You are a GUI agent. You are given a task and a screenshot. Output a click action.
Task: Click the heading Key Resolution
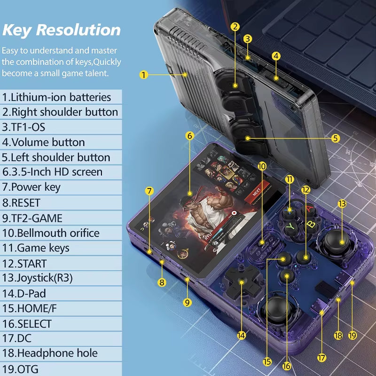point(61,30)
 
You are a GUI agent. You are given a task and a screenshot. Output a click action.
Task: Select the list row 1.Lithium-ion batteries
point(56,97)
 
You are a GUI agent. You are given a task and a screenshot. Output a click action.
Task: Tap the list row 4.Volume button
point(44,142)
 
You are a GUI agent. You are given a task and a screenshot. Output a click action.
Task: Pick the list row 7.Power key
point(31,187)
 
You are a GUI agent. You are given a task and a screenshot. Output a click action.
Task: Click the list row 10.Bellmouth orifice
point(51,233)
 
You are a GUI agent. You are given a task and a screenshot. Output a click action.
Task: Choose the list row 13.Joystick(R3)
point(38,278)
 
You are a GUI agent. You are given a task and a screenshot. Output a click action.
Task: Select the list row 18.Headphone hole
point(50,353)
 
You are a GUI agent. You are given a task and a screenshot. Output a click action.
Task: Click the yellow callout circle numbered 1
point(144,74)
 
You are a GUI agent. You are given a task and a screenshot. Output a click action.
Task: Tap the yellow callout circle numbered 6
point(190,136)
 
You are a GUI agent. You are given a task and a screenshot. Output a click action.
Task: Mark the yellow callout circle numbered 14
point(242,336)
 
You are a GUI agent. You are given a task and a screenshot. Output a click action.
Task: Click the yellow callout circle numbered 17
point(321,358)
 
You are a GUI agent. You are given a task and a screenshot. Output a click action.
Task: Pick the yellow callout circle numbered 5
point(336,138)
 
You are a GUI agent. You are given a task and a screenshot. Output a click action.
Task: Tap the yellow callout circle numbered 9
point(187,303)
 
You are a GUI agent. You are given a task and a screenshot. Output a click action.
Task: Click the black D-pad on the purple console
point(242,282)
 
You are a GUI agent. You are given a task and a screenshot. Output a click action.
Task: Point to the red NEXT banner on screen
point(257,192)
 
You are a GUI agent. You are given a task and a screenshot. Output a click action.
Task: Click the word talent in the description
point(95,73)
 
